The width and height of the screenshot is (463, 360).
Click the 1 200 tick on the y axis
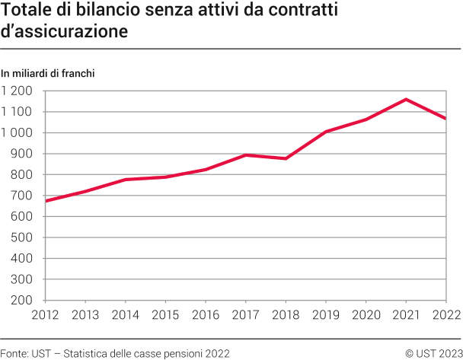pos(17,91)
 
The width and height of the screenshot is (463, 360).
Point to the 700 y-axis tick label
pos(22,196)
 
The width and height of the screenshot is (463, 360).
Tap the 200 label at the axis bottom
pos(22,300)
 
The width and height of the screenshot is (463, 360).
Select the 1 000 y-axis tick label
pos(17,132)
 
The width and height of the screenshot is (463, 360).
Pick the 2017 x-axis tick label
pos(245,314)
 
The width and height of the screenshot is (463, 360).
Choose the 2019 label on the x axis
pos(326,314)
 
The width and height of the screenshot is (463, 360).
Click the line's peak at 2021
pos(406,99)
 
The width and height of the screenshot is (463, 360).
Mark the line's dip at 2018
pos(286,158)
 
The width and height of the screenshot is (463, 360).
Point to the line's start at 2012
pos(46,201)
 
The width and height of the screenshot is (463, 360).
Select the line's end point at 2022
pos(446,119)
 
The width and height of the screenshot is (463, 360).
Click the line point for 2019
pos(326,132)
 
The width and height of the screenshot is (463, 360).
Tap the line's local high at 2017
pos(245,155)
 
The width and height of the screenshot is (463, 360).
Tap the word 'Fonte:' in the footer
pos(14,353)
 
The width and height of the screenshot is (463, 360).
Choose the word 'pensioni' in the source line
pos(180,353)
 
